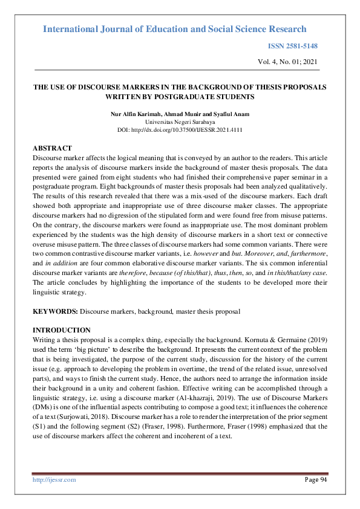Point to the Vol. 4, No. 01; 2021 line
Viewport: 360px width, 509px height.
pos(286,62)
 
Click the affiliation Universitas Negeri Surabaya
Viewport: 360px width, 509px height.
pos(180,122)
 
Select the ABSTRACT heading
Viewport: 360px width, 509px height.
pos(52,148)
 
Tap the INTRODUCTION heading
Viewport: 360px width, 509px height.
pos(61,330)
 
